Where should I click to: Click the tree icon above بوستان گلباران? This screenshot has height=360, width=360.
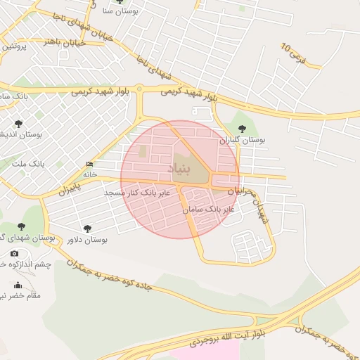point(242,129)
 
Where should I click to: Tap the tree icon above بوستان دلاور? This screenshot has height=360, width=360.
point(87,229)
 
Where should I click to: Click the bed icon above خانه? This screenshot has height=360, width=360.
point(89,165)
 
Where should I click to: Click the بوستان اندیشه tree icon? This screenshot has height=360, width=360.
point(18,124)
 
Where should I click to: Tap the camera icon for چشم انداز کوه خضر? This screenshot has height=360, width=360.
point(15,253)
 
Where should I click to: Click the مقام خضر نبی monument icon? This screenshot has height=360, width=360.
point(18,285)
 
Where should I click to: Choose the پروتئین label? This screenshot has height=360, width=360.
point(13,46)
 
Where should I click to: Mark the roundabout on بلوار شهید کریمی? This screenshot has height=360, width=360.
point(140,89)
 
